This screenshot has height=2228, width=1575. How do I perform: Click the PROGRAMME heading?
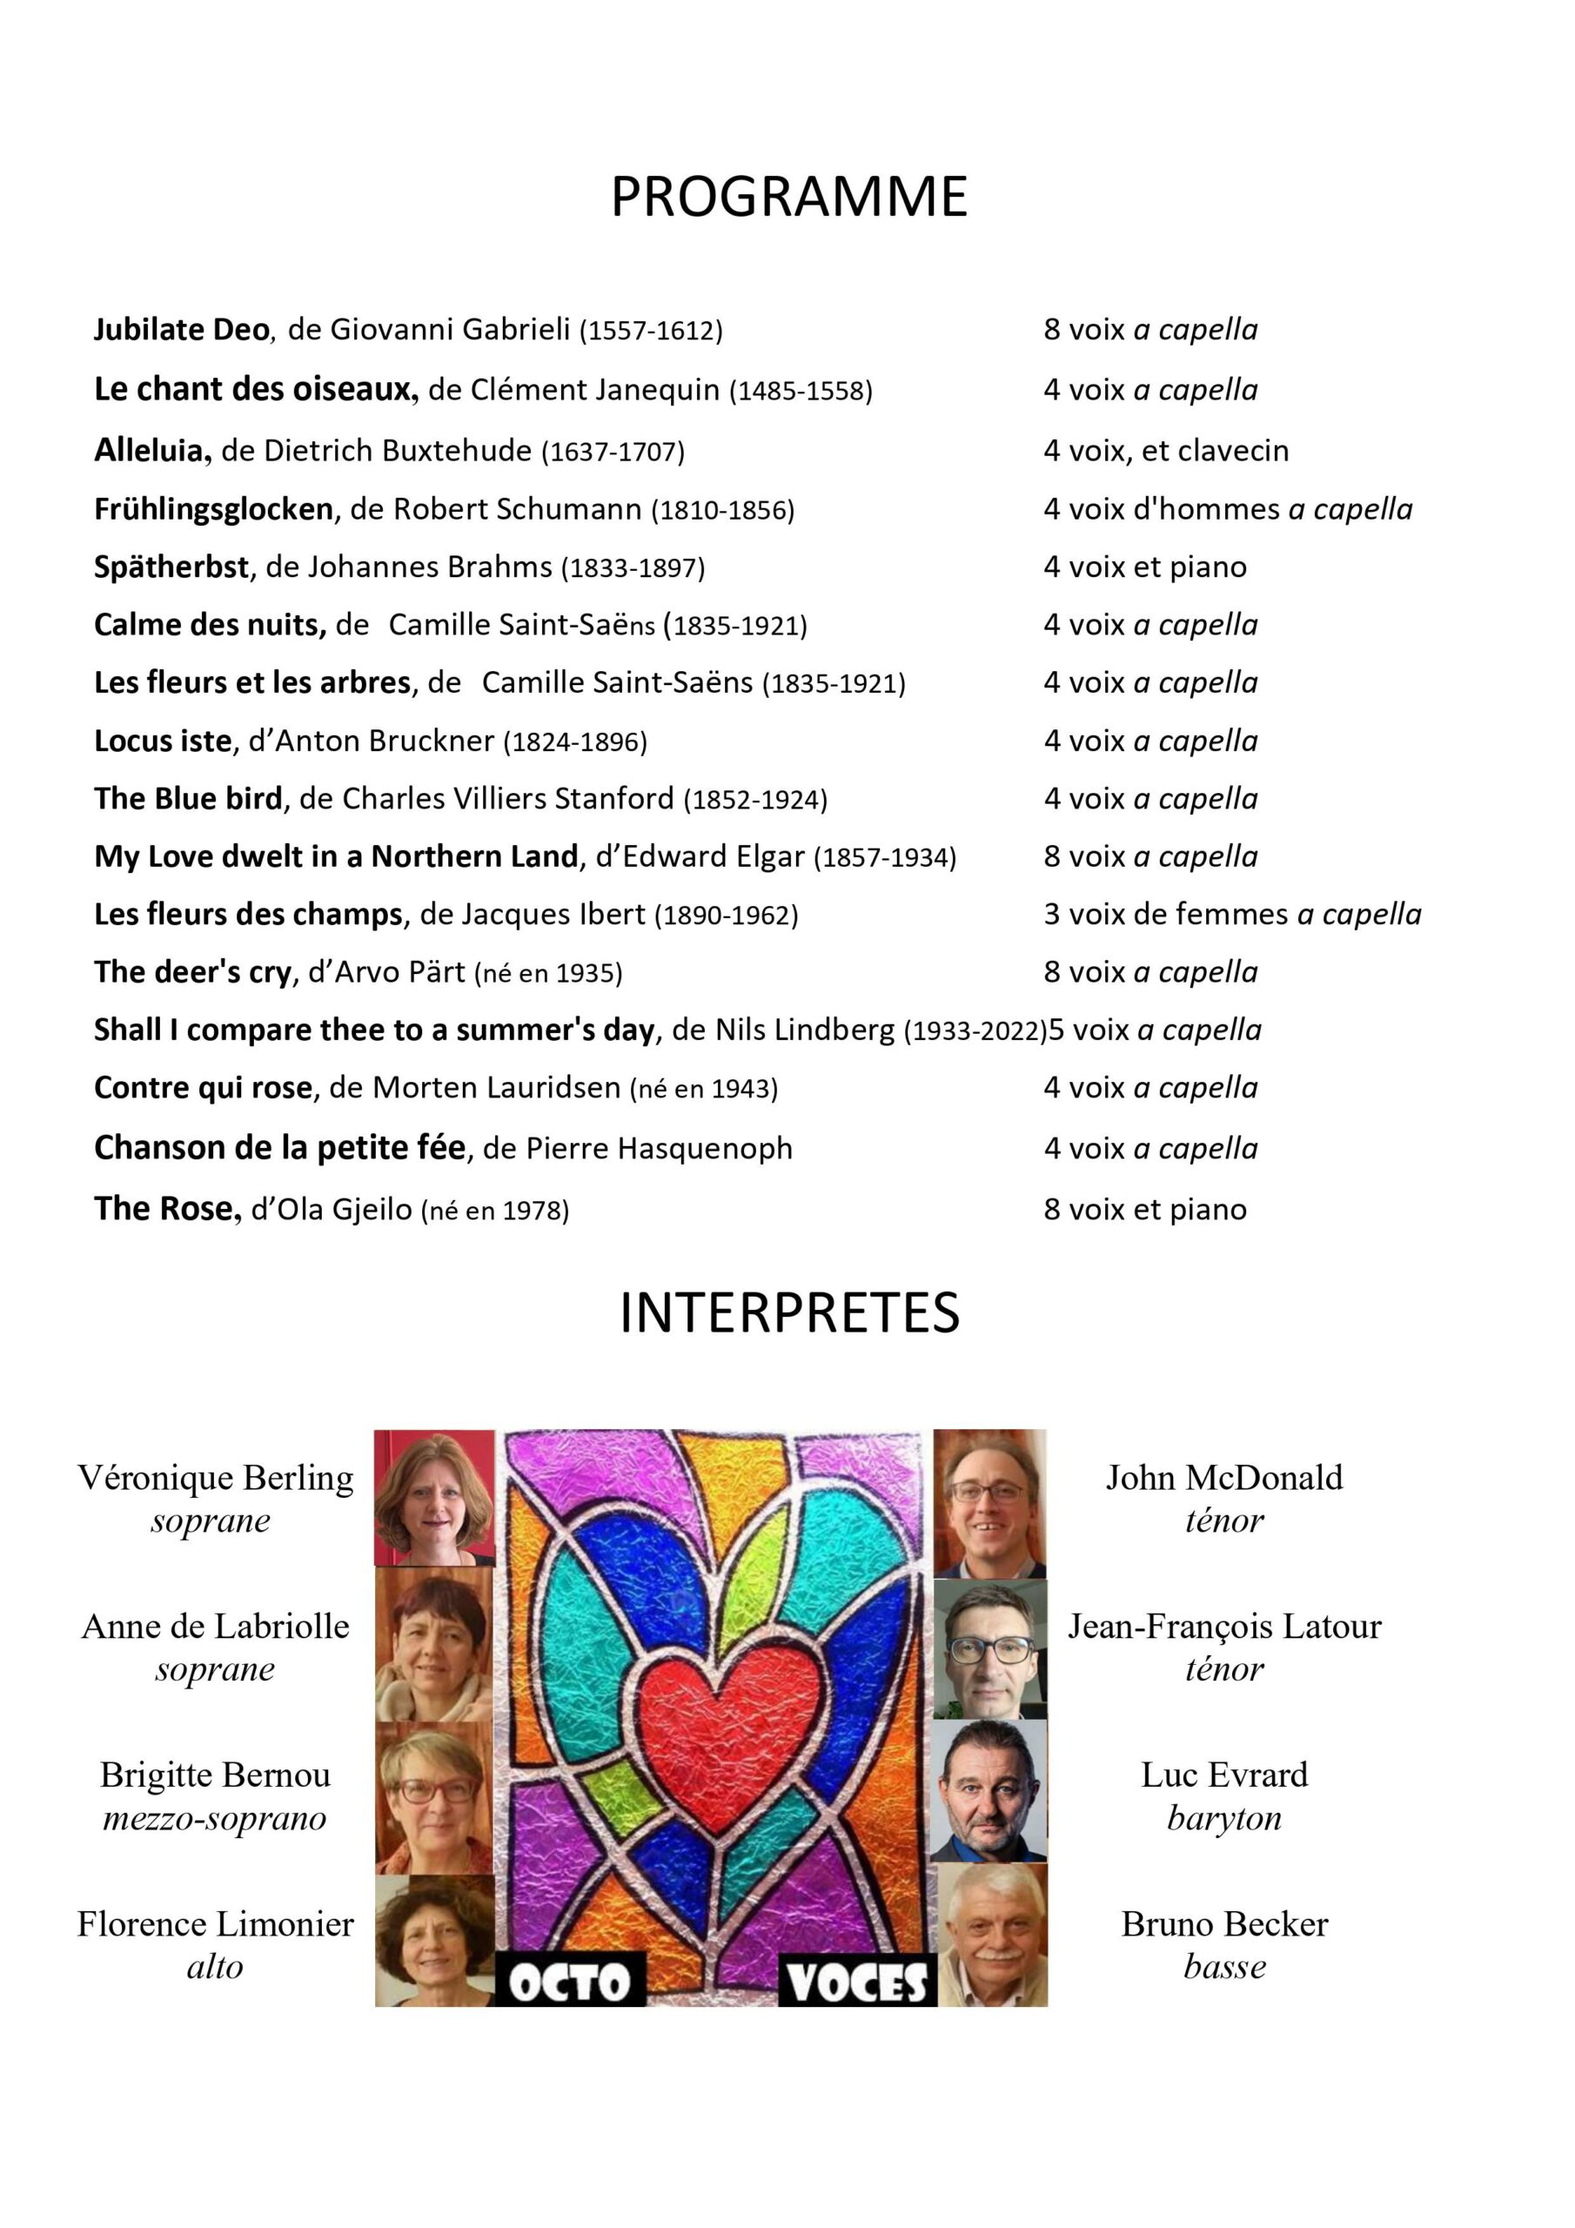(x=788, y=197)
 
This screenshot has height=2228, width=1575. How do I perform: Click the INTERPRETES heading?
(x=789, y=1313)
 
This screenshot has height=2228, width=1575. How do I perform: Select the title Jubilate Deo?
(x=180, y=330)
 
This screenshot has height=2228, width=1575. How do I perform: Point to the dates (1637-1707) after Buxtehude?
(x=613, y=451)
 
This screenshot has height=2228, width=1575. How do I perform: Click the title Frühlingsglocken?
(x=213, y=509)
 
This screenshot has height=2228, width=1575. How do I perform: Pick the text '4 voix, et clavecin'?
(x=1165, y=450)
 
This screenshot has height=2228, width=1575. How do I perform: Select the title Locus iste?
(x=163, y=742)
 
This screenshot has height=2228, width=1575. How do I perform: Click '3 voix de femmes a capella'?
(x=1231, y=914)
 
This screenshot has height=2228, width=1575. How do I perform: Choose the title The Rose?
(x=166, y=1209)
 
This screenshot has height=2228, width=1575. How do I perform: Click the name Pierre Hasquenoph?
(x=658, y=1149)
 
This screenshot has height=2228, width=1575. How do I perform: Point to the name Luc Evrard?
(x=1223, y=1775)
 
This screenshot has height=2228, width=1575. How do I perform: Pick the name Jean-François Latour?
(x=1223, y=1627)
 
